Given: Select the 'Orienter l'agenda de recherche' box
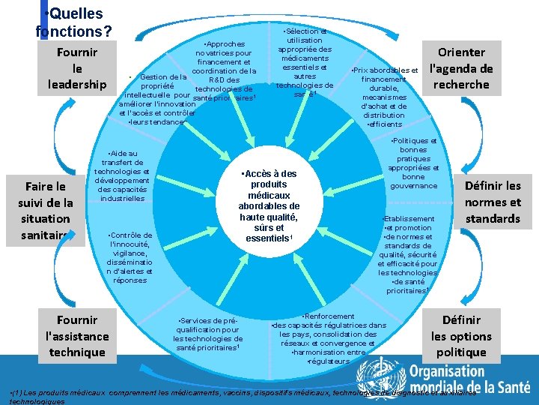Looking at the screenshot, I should tap(462, 68).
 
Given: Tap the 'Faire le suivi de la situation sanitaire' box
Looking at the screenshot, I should tap(46, 210).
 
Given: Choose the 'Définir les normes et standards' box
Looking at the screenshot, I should tap(493, 202).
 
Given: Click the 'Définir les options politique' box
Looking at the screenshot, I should tap(461, 336).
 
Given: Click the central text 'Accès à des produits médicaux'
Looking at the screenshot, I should tap(268, 206).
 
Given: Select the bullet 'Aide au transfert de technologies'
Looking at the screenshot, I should tap(122, 175).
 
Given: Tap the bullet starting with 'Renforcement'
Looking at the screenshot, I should tap(329, 338).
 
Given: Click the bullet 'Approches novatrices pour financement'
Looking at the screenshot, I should tap(224, 71).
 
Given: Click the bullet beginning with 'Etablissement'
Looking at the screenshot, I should tap(407, 255).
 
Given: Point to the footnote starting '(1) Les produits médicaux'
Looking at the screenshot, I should tap(240, 395).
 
